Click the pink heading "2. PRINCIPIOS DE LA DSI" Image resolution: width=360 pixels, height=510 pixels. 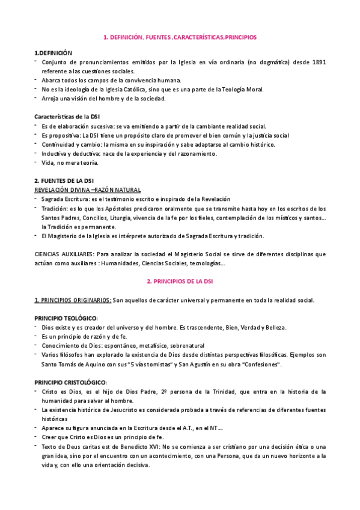pyautogui.click(x=180, y=281)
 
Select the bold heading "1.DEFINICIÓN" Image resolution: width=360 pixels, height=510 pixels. pyautogui.click(x=53, y=53)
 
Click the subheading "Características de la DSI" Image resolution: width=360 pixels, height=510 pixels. pyautogui.click(x=67, y=115)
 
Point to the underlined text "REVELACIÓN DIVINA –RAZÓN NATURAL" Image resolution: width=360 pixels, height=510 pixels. pyautogui.click(x=84, y=189)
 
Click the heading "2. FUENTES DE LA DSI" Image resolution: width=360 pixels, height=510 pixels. pyautogui.click(x=64, y=181)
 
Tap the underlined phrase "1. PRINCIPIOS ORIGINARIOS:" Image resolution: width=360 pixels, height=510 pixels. pyautogui.click(x=73, y=300)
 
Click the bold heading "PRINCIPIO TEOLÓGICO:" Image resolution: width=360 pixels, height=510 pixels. pyautogui.click(x=66, y=318)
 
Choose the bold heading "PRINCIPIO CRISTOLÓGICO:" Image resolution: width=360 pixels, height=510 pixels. pyautogui.click(x=70, y=382)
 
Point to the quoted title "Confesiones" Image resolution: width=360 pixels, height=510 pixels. pyautogui.click(x=258, y=364)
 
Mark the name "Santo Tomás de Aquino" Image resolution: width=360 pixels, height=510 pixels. pyautogui.click(x=75, y=364)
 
